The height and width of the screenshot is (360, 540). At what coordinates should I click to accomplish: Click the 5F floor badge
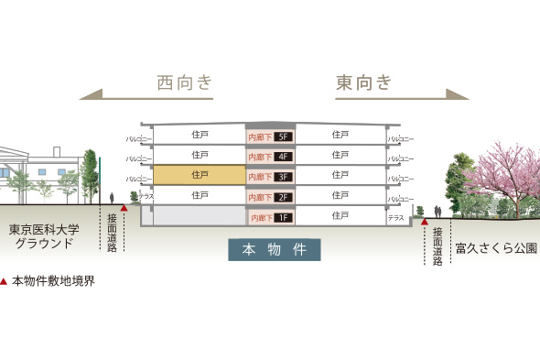pyautogui.click(x=283, y=137)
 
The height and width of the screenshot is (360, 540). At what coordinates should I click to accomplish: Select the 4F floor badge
pyautogui.click(x=283, y=157)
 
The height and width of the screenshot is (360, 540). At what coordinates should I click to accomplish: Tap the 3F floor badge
pyautogui.click(x=283, y=177)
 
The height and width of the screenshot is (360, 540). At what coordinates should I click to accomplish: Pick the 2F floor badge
pyautogui.click(x=283, y=197)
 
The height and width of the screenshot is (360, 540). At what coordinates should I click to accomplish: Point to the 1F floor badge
pyautogui.click(x=283, y=217)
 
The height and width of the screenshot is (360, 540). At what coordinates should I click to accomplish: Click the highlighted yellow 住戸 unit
pyautogui.click(x=200, y=174)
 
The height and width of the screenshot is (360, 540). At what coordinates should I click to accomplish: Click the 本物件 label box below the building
pyautogui.click(x=275, y=249)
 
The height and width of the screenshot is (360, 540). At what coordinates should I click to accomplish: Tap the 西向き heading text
pyautogui.click(x=186, y=83)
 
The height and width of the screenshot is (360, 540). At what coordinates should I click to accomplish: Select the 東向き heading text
pyautogui.click(x=363, y=83)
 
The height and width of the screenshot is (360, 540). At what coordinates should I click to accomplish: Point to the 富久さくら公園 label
pyautogui.click(x=495, y=247)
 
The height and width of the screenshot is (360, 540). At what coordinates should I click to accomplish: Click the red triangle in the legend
pyautogui.click(x=5, y=281)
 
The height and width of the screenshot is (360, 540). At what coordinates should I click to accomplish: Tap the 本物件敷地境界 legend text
pyautogui.click(x=53, y=281)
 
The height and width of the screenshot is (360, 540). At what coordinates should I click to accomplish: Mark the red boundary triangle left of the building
pyautogui.click(x=124, y=208)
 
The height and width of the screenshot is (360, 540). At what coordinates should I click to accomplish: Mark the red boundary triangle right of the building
pyautogui.click(x=425, y=221)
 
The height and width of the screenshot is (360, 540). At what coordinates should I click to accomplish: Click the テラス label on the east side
pyautogui.click(x=395, y=218)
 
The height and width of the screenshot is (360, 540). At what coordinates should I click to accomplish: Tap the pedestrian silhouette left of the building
pyautogui.click(x=112, y=198)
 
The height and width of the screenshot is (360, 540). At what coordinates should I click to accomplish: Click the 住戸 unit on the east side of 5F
pyautogui.click(x=340, y=134)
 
